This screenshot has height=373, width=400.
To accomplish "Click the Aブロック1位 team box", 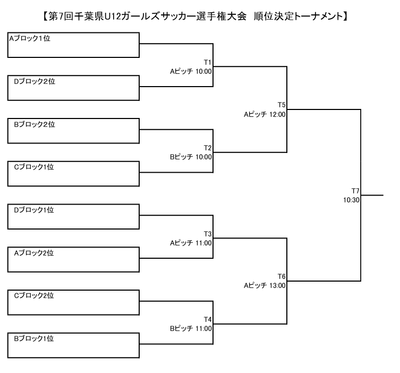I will click(73, 45).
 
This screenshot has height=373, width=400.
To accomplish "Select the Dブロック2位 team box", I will click(73, 88).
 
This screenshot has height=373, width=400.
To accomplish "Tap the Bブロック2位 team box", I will click(73, 131).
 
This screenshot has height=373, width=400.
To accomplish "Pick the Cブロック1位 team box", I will click(73, 173).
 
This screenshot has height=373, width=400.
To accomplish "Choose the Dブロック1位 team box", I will click(73, 216).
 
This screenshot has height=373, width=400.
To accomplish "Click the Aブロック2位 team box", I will click(73, 259).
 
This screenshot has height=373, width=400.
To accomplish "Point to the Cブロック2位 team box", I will click(73, 302).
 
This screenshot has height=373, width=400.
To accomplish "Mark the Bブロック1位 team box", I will click(73, 345).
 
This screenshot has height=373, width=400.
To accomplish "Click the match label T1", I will click(208, 62).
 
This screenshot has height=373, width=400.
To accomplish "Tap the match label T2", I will click(208, 148).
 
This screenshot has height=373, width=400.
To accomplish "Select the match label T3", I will click(208, 234).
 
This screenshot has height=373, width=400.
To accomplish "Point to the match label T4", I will click(208, 319).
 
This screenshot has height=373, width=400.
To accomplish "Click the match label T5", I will click(282, 105).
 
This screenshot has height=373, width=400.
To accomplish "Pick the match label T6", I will click(282, 276).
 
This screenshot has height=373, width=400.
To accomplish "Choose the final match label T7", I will click(355, 191).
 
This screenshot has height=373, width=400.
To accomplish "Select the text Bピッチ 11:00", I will click(191, 328).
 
